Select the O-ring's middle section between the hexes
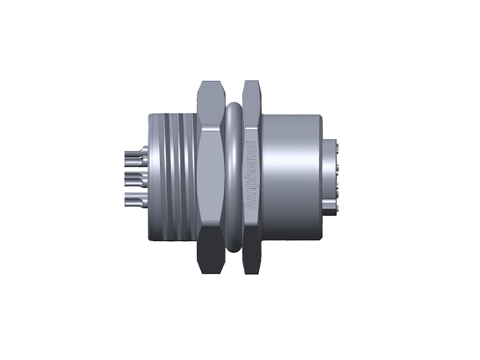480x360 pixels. (234, 177)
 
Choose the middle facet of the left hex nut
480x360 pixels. (211, 177)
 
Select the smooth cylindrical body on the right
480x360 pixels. (291, 177)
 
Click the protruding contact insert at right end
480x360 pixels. (332, 177)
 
